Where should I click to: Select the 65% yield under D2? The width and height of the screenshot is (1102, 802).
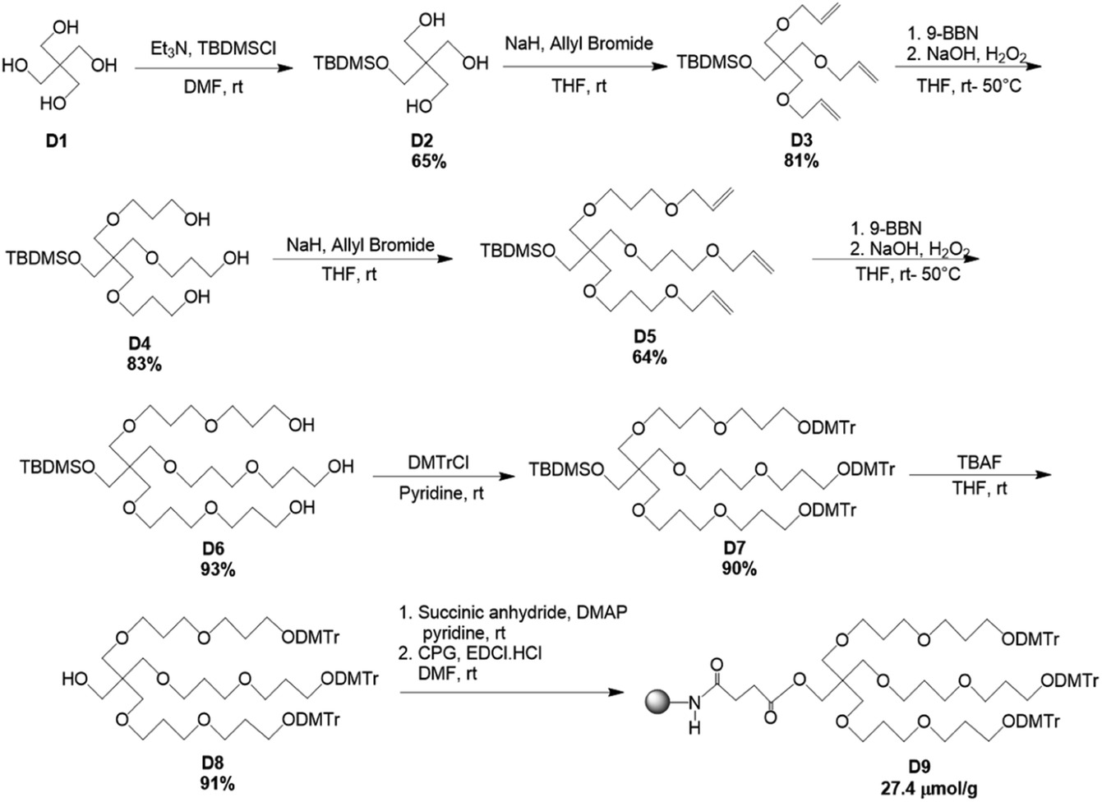(428, 162)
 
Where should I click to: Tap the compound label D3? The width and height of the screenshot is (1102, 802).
(800, 141)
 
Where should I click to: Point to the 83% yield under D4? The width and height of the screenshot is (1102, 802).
(143, 363)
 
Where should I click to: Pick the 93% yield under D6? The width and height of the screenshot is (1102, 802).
(215, 569)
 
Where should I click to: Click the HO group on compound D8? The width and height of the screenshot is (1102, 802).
(76, 680)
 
